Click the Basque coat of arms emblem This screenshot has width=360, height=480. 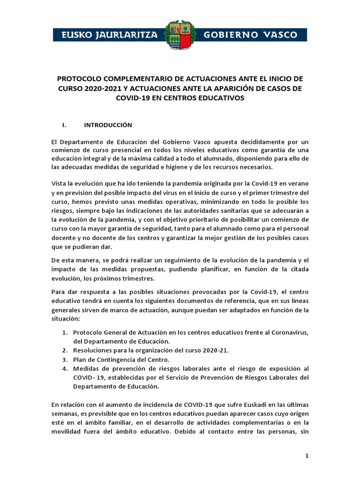point(180,35)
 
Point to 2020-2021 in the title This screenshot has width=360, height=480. point(95,88)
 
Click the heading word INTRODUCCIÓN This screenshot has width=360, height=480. point(108,125)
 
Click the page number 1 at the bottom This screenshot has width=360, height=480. point(307,456)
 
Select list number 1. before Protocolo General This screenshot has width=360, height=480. point(65,332)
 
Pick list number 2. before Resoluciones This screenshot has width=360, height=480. point(65,351)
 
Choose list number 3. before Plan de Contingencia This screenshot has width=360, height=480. point(65,360)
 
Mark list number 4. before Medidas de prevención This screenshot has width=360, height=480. point(65,368)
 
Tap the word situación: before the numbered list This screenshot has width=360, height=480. point(66,319)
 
